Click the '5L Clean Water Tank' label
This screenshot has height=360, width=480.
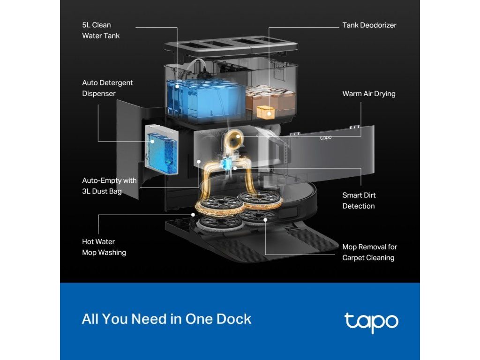(x=101, y=30)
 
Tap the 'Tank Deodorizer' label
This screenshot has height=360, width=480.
(x=369, y=25)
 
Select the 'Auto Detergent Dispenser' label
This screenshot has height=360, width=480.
(x=107, y=88)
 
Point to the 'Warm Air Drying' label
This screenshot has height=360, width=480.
(x=368, y=93)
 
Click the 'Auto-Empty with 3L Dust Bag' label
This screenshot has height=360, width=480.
(x=109, y=186)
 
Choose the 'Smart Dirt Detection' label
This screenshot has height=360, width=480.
(x=359, y=201)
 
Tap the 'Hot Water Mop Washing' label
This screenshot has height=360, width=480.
(x=104, y=247)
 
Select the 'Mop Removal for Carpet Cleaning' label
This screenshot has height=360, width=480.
(x=369, y=252)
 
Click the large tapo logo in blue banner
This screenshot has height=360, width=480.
(x=371, y=321)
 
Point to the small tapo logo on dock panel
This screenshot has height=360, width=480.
(x=326, y=137)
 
